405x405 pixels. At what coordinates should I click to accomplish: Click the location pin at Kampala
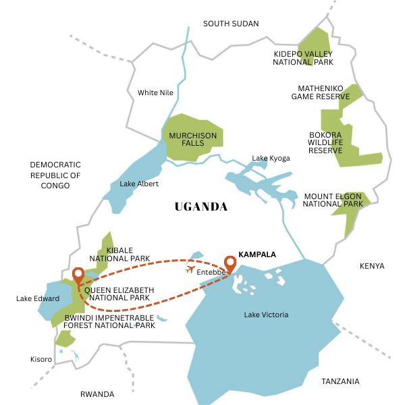(230, 263)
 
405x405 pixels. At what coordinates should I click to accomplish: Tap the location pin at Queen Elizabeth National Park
(78, 275)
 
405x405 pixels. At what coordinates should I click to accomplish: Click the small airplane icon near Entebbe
(190, 270)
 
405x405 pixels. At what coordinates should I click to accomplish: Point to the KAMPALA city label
(258, 254)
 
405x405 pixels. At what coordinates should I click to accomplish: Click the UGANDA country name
(201, 207)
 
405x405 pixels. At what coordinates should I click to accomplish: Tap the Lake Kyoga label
(271, 158)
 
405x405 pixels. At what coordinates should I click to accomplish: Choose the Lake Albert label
(138, 184)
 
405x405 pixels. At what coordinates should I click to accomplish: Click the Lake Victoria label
(266, 315)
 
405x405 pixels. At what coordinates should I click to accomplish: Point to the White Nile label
(156, 92)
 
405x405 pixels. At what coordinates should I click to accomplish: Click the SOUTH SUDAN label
(231, 24)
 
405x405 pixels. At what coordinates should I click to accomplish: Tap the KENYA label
(372, 266)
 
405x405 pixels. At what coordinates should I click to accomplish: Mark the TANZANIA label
(340, 381)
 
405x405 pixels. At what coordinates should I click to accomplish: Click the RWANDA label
(97, 394)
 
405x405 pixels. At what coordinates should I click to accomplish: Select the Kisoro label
(40, 359)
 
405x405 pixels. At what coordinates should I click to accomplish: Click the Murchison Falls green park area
(192, 140)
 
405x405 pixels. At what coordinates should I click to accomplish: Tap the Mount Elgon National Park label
(333, 200)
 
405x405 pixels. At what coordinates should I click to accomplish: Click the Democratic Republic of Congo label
(55, 175)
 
